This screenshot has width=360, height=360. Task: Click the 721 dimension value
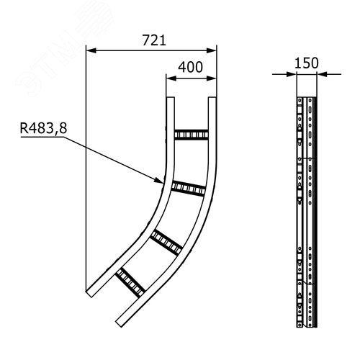click(152, 41)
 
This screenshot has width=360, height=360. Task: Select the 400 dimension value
click(189, 66)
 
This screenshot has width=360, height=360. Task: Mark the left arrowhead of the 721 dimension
click(90, 50)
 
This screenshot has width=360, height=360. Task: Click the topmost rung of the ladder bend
click(191, 135)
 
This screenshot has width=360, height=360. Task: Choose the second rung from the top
click(186, 188)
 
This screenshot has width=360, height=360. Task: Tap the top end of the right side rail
click(214, 98)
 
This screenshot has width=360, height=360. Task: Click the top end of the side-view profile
click(307, 96)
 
